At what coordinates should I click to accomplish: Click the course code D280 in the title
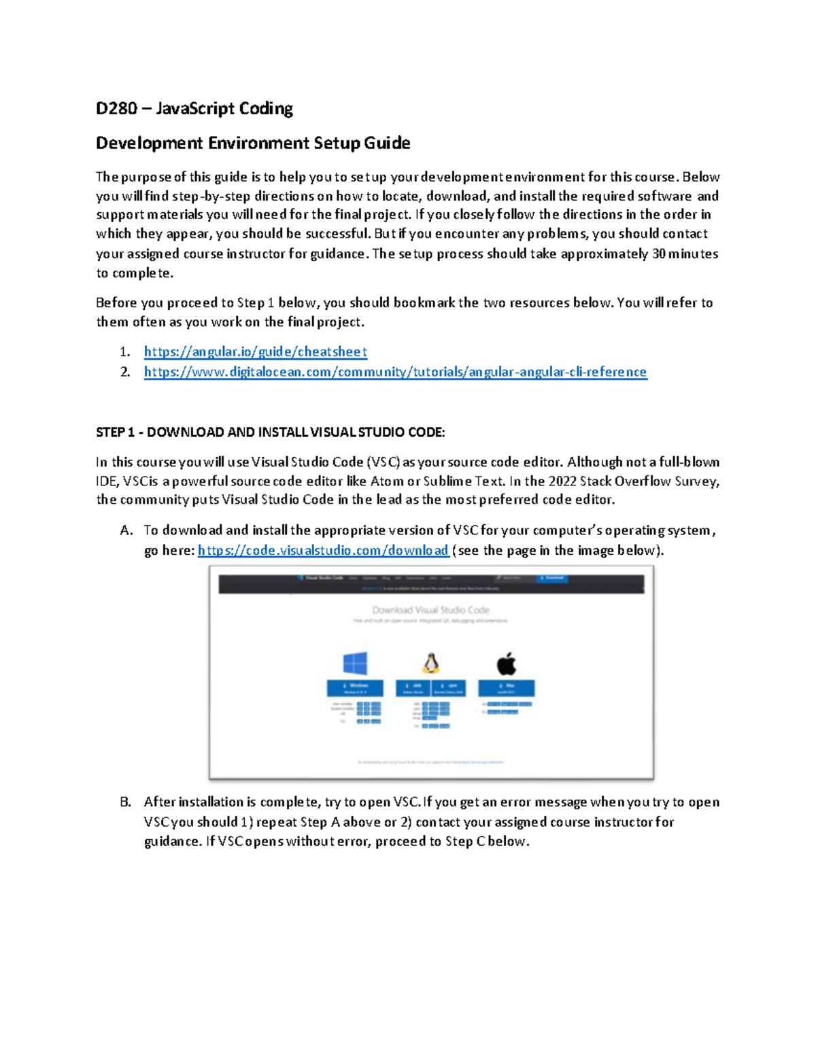(x=116, y=109)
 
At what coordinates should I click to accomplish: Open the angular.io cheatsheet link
(x=255, y=352)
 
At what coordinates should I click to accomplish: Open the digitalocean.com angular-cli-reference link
(x=395, y=372)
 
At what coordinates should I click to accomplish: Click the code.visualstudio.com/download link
(x=323, y=550)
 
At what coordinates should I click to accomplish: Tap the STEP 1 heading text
(x=270, y=432)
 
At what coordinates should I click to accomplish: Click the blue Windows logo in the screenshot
(x=355, y=663)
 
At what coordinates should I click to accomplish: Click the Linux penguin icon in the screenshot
(x=431, y=663)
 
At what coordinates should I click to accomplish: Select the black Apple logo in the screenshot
(x=507, y=663)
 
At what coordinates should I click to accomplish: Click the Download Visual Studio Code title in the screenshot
(x=430, y=610)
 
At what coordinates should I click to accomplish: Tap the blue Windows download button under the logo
(x=355, y=687)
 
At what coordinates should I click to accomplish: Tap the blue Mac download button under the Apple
(x=507, y=687)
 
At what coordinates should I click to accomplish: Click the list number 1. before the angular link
(x=124, y=352)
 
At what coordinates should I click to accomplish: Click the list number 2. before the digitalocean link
(x=125, y=372)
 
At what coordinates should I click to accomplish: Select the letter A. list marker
(x=125, y=530)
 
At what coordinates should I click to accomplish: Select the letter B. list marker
(x=125, y=802)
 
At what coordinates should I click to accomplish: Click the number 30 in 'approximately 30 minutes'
(x=658, y=254)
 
